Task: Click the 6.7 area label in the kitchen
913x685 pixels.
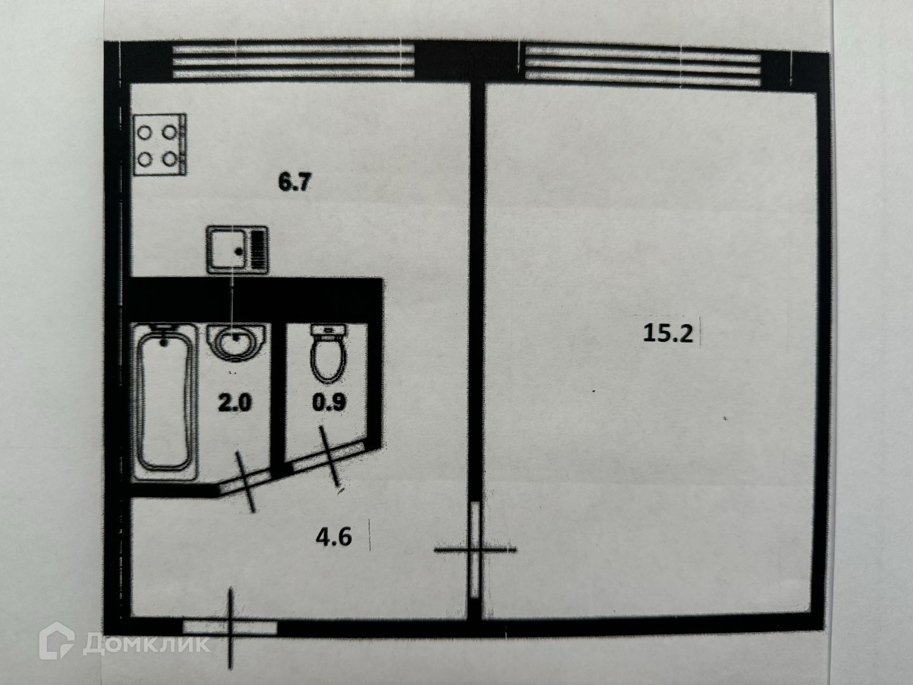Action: [295, 183]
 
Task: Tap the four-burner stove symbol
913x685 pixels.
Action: [160, 144]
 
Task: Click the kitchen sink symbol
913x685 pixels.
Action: [238, 251]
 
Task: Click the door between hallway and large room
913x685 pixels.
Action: [475, 550]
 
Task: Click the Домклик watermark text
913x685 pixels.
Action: [146, 646]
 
